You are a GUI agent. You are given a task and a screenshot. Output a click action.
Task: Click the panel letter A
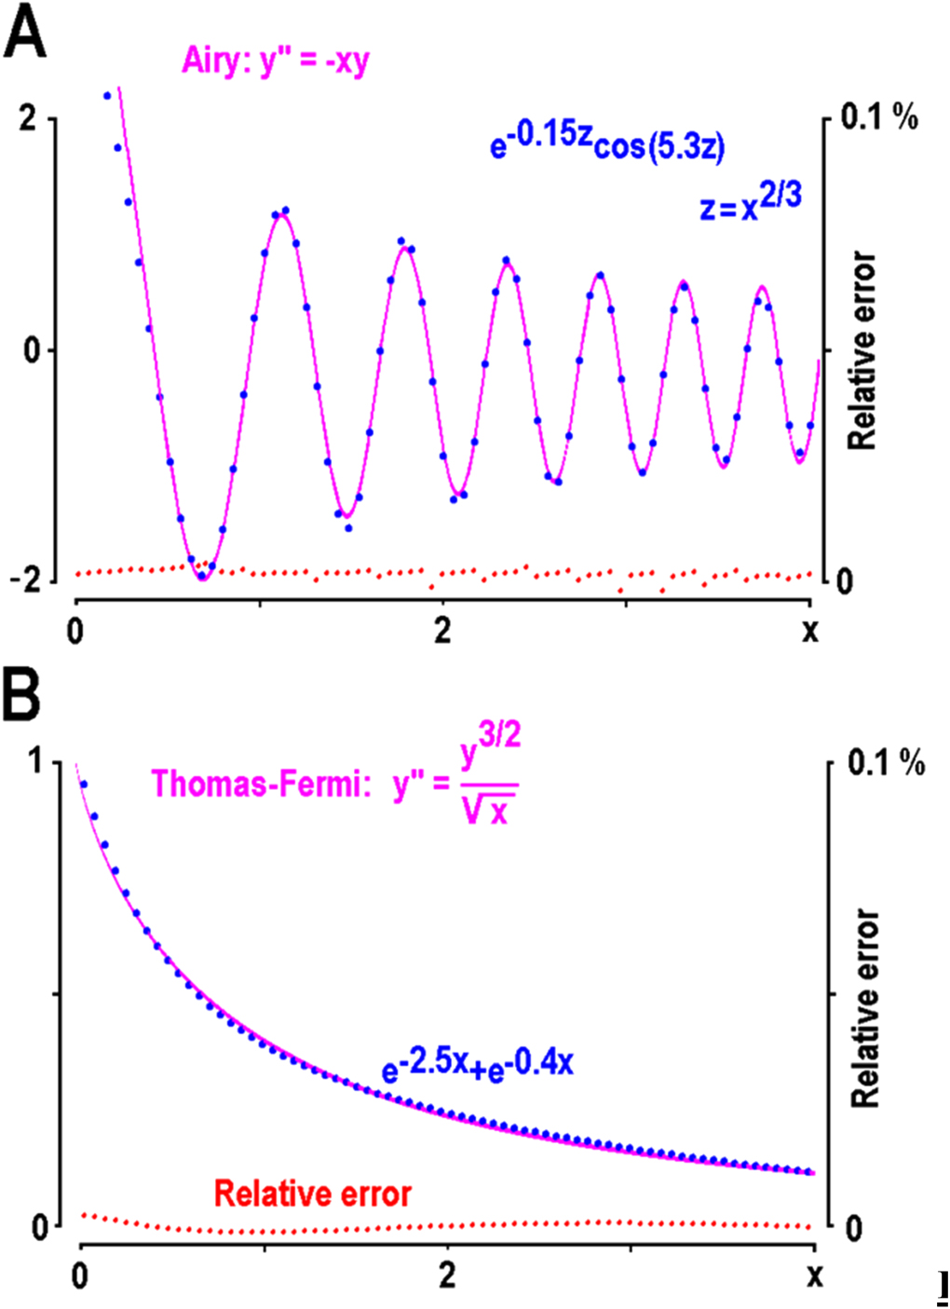tap(25, 34)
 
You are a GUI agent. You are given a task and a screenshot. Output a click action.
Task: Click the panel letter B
tap(21, 693)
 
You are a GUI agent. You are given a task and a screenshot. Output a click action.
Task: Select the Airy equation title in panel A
tap(276, 61)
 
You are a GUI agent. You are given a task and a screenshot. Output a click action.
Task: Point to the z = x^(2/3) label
tap(750, 202)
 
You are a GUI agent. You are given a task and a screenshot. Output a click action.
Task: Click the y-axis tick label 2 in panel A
tap(28, 118)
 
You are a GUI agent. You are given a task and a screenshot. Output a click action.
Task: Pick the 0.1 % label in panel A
tap(879, 117)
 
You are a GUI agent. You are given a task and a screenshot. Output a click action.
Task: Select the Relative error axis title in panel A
tap(862, 350)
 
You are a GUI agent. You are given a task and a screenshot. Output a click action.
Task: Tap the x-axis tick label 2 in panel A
tap(442, 631)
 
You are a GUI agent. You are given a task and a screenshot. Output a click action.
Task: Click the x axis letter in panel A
tap(810, 631)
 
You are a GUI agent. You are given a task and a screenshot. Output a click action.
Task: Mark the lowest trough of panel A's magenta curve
tap(202, 578)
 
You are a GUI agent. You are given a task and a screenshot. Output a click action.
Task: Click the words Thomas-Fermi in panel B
tap(255, 784)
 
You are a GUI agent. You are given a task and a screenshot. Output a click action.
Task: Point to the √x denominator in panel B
tap(488, 811)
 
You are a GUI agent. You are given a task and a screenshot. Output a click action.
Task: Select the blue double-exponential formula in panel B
tap(477, 1064)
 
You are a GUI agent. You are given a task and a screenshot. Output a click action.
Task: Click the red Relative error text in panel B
tap(313, 1193)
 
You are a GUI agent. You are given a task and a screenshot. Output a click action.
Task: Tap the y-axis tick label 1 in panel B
tap(36, 762)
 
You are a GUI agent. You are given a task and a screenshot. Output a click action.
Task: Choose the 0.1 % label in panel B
tap(886, 764)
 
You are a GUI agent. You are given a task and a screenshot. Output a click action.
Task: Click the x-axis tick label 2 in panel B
tap(448, 1275)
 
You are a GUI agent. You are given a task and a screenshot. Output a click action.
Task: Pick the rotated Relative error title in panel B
tap(865, 1008)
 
